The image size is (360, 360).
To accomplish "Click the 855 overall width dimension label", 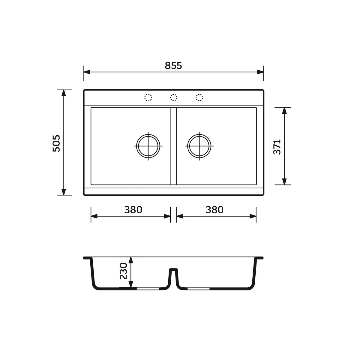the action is point(173,66).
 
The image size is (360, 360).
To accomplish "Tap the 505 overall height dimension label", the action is point(56,143).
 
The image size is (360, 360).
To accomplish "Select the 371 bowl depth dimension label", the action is point(277,147).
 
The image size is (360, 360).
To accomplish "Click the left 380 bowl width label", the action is point(133,210).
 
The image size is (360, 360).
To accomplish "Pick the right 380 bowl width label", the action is point(214,210).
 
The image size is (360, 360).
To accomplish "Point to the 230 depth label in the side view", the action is point(123,271).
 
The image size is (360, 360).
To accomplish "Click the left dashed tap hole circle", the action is point(148,97).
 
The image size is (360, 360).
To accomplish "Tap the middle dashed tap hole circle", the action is point(174,97).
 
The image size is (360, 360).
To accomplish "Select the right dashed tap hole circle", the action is point(199,97).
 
